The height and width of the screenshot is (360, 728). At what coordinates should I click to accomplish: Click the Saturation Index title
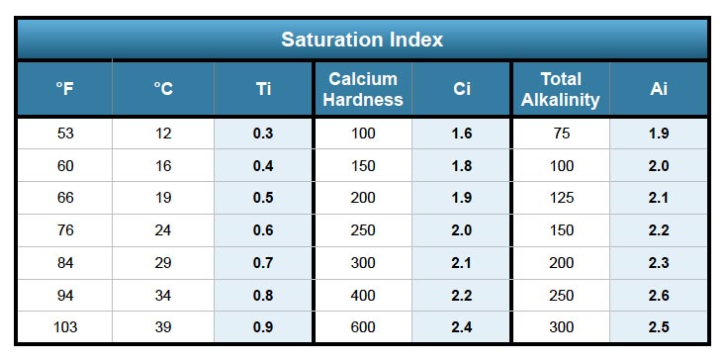tap(362, 40)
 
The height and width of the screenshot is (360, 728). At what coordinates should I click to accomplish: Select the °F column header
tap(65, 89)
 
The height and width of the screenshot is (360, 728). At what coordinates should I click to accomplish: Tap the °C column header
tap(164, 89)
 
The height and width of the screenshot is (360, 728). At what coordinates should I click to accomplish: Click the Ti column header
tap(263, 89)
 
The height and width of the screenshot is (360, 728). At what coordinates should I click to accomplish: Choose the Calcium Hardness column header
tap(363, 89)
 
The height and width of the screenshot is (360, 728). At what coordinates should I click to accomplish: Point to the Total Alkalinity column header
tap(561, 89)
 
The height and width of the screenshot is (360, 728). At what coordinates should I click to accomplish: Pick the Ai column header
tap(659, 89)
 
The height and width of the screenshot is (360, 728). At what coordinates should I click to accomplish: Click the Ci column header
tap(461, 89)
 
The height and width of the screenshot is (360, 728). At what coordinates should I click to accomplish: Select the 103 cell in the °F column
tap(65, 327)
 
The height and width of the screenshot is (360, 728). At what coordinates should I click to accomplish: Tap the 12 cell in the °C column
tap(164, 134)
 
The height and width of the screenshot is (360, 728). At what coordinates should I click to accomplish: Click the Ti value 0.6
tap(263, 230)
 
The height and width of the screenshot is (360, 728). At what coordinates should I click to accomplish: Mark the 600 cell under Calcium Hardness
tap(363, 327)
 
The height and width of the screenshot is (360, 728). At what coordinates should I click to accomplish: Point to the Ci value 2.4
tap(461, 327)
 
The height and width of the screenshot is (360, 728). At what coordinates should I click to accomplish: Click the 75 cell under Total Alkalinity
tap(561, 134)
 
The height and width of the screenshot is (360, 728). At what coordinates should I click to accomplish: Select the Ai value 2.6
tap(659, 295)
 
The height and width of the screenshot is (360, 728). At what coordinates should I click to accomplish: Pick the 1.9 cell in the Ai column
tap(659, 134)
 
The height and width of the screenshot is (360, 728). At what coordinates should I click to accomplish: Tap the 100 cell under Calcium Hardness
tap(363, 134)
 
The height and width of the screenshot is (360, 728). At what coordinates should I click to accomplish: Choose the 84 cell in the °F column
tap(65, 262)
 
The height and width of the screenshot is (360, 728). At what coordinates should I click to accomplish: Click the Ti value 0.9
tap(263, 327)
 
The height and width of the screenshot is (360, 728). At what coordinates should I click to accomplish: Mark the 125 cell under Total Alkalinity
tap(561, 198)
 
